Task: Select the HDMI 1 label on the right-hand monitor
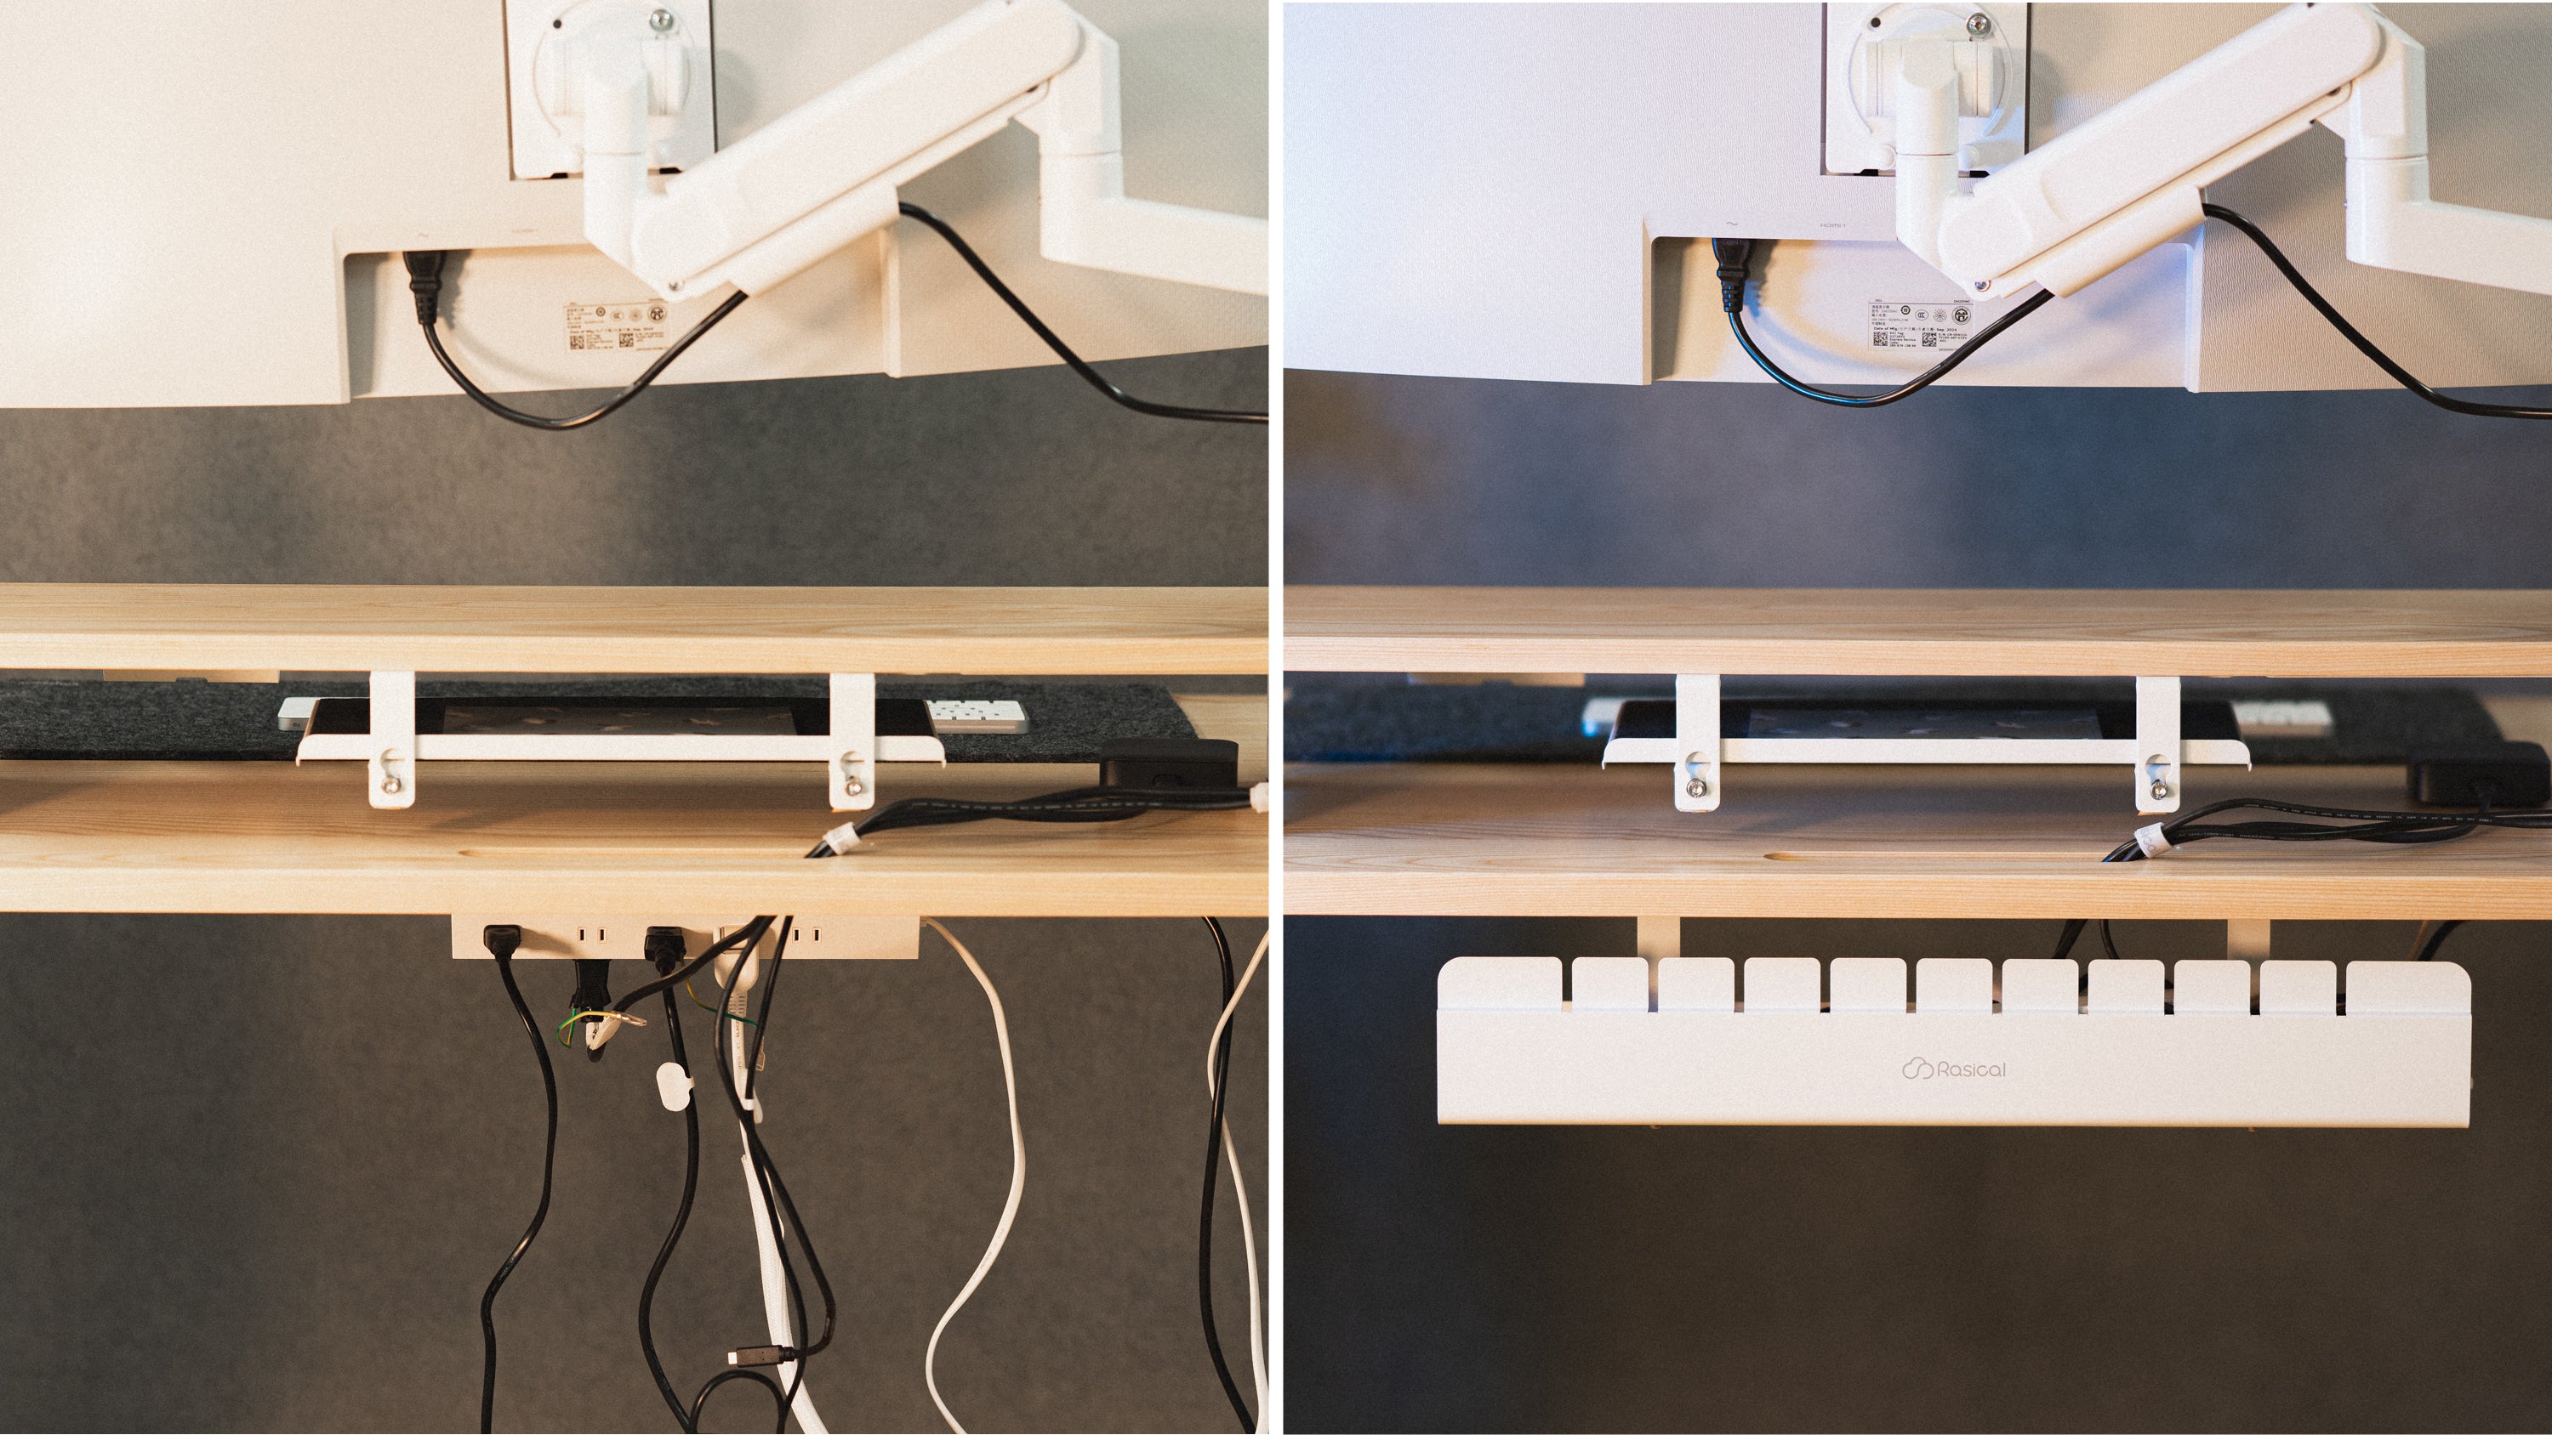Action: [x=1833, y=226]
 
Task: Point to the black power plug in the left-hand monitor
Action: [x=423, y=282]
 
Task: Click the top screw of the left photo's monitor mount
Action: [x=663, y=17]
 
